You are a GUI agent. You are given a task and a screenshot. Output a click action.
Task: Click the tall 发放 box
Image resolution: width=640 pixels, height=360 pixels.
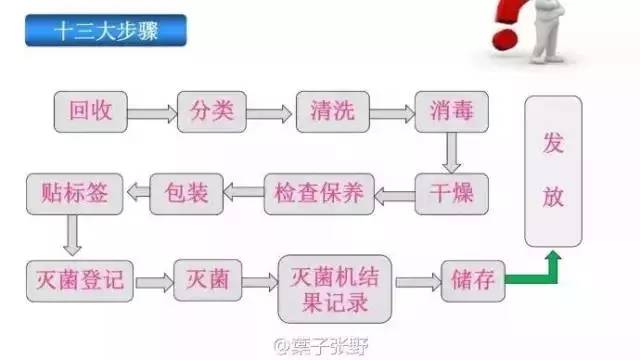point(553,172)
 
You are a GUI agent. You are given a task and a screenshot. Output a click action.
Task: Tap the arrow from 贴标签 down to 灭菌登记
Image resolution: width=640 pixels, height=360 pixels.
point(70,236)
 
